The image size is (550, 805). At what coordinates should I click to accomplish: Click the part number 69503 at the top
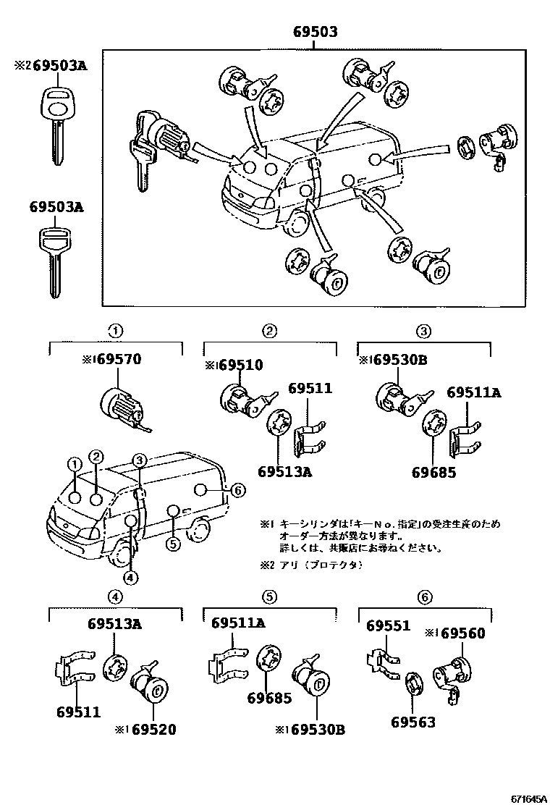(316, 33)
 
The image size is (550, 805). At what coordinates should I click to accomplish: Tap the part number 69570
(119, 359)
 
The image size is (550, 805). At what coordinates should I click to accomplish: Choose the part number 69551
(387, 625)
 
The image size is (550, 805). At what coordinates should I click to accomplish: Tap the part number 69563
(413, 721)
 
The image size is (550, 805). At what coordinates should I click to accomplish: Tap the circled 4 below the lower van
(130, 577)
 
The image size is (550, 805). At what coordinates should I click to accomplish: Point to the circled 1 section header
(114, 332)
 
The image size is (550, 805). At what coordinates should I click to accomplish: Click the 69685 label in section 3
(433, 472)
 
